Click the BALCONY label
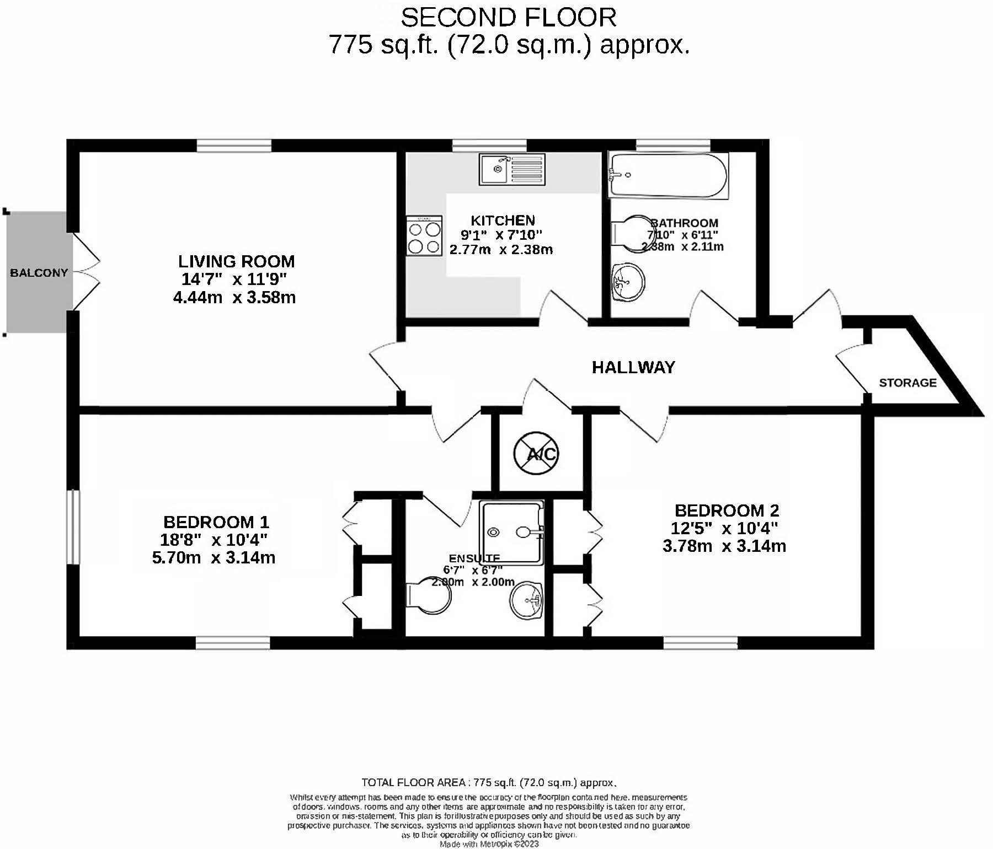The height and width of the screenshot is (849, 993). pyautogui.click(x=39, y=273)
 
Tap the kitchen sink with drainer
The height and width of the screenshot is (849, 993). pyautogui.click(x=512, y=169)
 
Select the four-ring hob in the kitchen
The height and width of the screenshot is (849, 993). pyautogui.click(x=424, y=235)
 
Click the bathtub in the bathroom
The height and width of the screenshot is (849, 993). pyautogui.click(x=668, y=175)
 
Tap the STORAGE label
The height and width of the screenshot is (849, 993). pyautogui.click(x=907, y=383)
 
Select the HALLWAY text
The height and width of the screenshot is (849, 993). pyautogui.click(x=633, y=367)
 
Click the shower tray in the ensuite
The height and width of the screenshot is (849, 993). pyautogui.click(x=511, y=532)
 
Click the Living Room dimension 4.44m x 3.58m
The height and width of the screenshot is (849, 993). pyautogui.click(x=234, y=298)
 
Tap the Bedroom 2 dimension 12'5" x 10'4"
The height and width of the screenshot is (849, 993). pyautogui.click(x=724, y=528)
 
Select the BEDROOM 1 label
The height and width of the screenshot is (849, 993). pyautogui.click(x=216, y=522)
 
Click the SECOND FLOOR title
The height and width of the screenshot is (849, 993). pyautogui.click(x=508, y=18)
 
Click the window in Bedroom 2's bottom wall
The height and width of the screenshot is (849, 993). pyautogui.click(x=700, y=643)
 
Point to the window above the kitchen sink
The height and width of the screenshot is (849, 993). pyautogui.click(x=489, y=146)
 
